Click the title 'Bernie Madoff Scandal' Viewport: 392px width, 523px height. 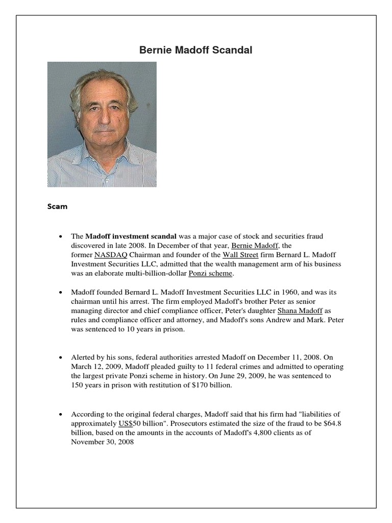[x=196, y=51]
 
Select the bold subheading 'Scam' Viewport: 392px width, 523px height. [x=57, y=207]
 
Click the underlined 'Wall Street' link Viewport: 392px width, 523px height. [x=241, y=254]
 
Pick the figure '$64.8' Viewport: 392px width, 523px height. [x=329, y=423]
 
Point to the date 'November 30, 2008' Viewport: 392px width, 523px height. [x=102, y=442]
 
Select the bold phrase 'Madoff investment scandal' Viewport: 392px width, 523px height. [x=131, y=236]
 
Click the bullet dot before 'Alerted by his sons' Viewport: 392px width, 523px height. [x=61, y=358]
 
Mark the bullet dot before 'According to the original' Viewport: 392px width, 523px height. [x=61, y=414]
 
